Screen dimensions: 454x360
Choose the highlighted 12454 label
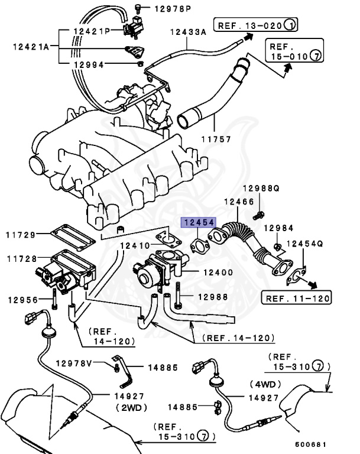pyautogui.click(x=199, y=223)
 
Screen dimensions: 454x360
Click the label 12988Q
pyautogui.click(x=261, y=189)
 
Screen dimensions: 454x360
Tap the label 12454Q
pyautogui.click(x=305, y=243)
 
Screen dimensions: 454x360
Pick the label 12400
pyautogui.click(x=218, y=273)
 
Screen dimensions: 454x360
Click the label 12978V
pyautogui.click(x=74, y=363)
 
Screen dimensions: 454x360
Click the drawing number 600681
pyautogui.click(x=313, y=443)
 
